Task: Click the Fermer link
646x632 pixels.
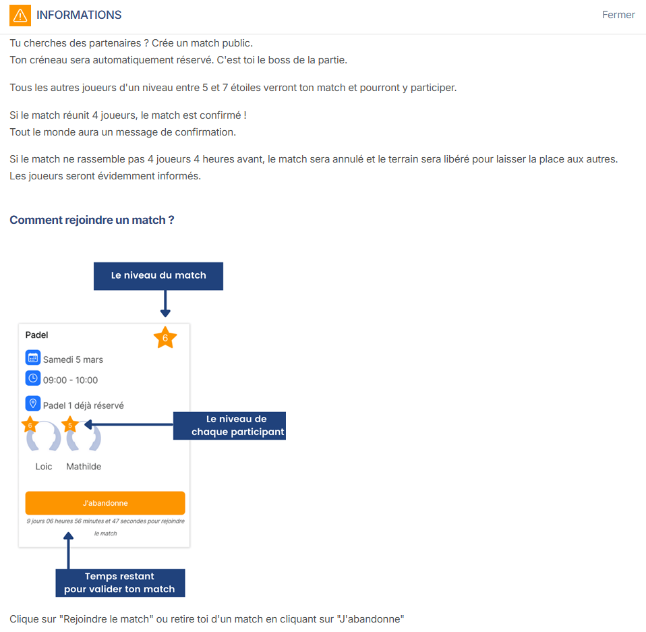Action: point(618,15)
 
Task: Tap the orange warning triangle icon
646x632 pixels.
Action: point(20,15)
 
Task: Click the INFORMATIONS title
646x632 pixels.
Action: point(79,15)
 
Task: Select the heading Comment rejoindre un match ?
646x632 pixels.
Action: point(92,220)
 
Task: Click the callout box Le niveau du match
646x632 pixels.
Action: point(158,276)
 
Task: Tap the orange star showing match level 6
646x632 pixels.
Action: point(165,338)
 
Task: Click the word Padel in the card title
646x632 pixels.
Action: point(37,335)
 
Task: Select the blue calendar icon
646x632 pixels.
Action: point(33,358)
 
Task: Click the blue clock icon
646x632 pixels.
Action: point(33,378)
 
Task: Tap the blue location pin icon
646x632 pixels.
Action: point(33,403)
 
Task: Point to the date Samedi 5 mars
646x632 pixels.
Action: point(73,360)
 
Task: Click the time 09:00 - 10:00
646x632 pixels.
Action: point(70,380)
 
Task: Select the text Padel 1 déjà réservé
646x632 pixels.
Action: point(83,405)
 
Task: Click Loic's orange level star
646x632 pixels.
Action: point(30,426)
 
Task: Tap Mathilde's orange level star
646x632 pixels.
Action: point(70,426)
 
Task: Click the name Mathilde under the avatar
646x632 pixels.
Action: point(84,467)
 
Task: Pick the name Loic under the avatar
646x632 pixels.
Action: point(44,467)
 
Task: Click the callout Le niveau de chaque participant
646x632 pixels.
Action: point(229,426)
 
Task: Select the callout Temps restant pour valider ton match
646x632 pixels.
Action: point(120,583)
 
